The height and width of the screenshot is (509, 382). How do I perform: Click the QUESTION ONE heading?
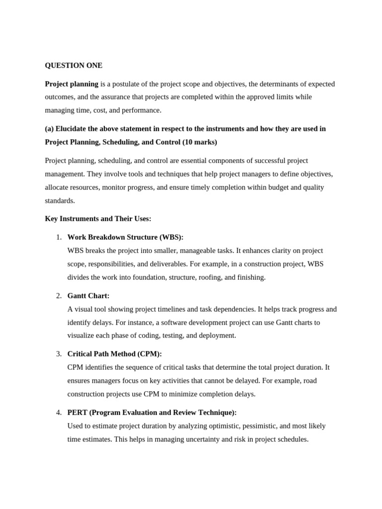(74, 65)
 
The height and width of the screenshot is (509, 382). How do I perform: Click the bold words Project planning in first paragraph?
(72, 84)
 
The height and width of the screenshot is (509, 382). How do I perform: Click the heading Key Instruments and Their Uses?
(98, 219)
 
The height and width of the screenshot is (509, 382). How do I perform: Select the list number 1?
(59, 238)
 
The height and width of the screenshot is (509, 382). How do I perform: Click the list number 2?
(59, 296)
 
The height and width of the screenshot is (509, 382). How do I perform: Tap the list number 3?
(59, 354)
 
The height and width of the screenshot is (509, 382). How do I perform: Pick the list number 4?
(59, 413)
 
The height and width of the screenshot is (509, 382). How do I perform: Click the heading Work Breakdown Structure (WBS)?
(125, 238)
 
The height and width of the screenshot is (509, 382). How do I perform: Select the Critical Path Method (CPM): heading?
(114, 354)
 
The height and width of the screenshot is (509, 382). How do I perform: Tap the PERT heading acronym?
(77, 413)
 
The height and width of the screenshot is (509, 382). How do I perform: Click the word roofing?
(210, 277)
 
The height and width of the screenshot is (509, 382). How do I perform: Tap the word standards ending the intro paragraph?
(60, 201)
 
